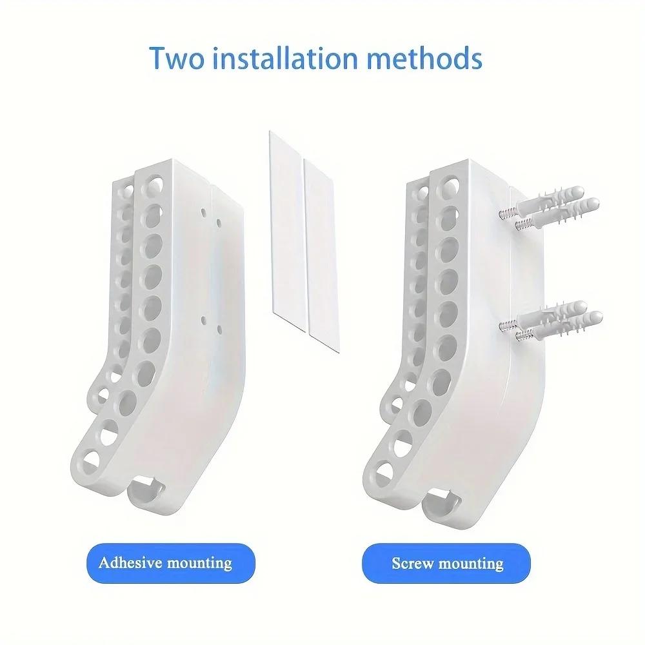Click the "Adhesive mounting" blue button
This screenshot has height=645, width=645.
[171, 563]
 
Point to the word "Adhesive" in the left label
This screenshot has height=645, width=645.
[131, 562]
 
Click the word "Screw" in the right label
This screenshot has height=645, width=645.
[412, 563]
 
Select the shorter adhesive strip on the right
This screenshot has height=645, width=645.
[322, 255]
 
